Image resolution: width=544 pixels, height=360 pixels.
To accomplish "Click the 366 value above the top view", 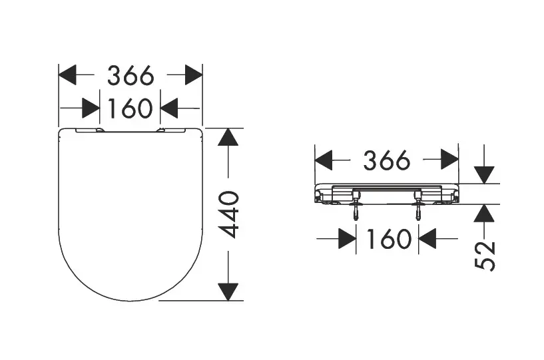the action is coord(131,75).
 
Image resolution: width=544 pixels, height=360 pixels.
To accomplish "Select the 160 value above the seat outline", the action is coord(130,108).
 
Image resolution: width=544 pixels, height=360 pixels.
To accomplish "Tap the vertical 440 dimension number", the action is coord(229,214).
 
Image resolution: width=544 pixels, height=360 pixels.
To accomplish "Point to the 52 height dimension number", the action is coord(485,256).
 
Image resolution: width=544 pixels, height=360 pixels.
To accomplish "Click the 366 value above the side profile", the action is coord(387,160).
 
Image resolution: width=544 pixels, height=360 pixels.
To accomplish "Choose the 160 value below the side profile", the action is coord(389,239).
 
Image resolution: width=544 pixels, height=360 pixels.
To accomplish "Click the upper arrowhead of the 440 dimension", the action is coord(228,137).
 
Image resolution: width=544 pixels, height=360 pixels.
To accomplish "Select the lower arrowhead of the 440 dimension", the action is coord(228,291).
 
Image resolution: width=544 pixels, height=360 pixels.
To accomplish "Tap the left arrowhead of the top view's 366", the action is coord(67,75).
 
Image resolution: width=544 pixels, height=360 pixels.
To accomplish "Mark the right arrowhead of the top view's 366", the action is coord(194,75).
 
